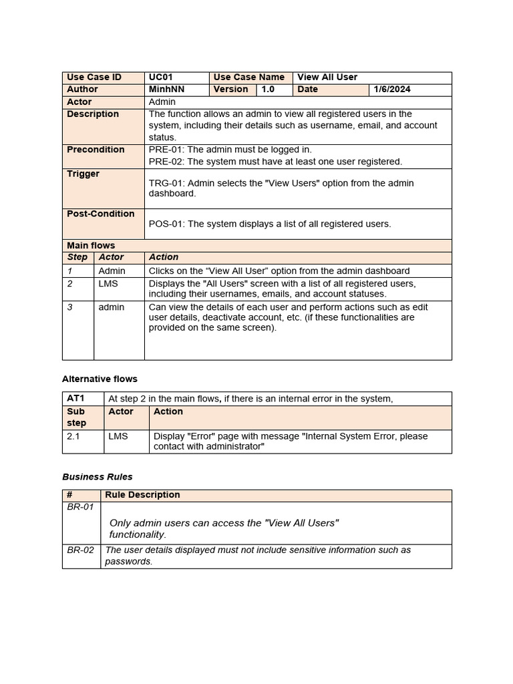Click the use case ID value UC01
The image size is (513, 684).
click(160, 77)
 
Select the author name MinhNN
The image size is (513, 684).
click(166, 90)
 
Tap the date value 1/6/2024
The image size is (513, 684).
click(392, 90)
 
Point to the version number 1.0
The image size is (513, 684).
click(268, 90)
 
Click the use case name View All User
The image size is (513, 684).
click(327, 77)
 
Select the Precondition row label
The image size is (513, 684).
click(96, 150)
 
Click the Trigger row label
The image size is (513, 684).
click(83, 174)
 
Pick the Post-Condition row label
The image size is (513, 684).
click(100, 214)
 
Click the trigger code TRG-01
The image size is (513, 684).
click(166, 183)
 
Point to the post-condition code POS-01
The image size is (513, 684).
click(166, 224)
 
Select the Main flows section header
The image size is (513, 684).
click(91, 245)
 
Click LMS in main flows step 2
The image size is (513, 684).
click(108, 283)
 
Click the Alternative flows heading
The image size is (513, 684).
click(100, 379)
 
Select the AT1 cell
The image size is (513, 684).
click(75, 398)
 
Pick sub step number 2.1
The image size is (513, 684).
click(73, 436)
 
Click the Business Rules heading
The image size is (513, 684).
click(97, 477)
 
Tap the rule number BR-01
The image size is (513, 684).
click(80, 508)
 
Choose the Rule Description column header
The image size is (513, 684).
click(142, 495)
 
